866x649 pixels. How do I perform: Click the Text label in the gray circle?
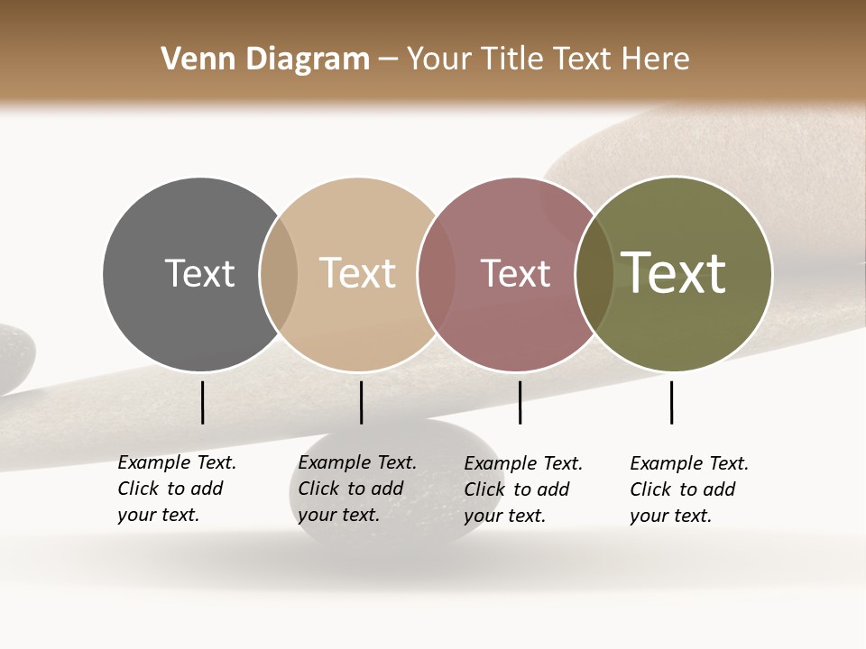coord(199,273)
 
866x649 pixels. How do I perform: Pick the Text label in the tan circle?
coord(357,273)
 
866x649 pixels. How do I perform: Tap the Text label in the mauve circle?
coord(515,273)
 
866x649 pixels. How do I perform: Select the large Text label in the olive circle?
coord(673,273)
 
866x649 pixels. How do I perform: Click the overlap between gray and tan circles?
coord(279,274)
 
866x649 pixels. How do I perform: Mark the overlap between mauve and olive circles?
coord(594,274)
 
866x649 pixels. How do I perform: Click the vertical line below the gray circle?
coord(203,402)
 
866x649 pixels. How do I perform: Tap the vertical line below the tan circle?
coord(361,402)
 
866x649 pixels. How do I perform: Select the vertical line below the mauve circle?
coord(521,402)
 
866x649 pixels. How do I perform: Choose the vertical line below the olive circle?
coord(672,402)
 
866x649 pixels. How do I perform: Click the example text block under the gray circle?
coord(176,489)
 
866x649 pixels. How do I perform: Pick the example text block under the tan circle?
coord(356,489)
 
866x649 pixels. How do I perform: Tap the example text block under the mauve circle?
coord(522,489)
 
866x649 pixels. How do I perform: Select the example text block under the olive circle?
coord(688,489)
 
